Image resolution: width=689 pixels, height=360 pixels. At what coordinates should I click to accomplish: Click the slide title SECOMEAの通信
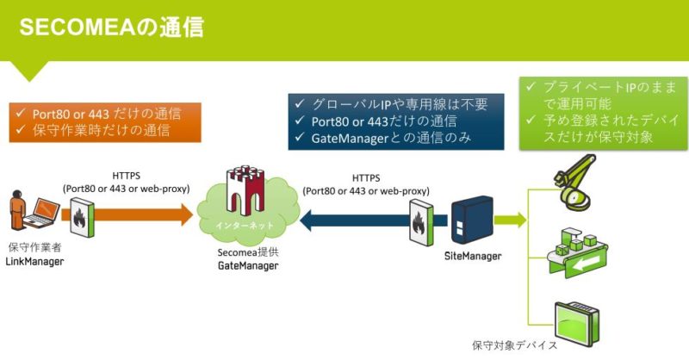pos(112,28)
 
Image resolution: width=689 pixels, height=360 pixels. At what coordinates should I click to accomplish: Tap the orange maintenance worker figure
pos(17,210)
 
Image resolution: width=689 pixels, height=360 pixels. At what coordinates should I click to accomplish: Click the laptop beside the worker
pos(42,213)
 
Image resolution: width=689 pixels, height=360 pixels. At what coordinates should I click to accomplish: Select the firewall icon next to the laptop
pos(82,217)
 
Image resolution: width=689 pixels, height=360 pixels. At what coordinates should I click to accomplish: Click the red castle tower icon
pos(245,189)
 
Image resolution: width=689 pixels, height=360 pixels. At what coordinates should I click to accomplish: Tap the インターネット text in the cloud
pos(245,226)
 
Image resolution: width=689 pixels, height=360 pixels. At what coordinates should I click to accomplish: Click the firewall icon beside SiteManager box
pos(421,222)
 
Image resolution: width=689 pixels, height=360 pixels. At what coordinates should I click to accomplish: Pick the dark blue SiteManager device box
pos(472,220)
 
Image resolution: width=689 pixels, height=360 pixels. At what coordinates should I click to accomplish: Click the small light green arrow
pos(510,220)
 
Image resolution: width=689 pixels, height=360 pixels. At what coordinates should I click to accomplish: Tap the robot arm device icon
pos(574,183)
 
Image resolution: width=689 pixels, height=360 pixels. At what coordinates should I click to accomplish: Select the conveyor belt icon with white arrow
pos(577,253)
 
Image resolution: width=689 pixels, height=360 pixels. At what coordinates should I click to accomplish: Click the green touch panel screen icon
pos(577,324)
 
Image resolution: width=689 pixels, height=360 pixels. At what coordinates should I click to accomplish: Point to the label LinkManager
pos(34,262)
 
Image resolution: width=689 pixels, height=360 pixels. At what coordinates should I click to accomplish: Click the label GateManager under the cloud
pos(248,265)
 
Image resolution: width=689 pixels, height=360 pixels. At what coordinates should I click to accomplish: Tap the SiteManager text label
pos(473,256)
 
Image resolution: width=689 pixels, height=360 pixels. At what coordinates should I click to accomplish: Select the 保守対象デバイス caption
pos(514,345)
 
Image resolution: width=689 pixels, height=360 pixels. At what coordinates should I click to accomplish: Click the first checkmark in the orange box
pos(20,114)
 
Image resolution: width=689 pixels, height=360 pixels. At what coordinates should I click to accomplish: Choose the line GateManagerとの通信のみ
pos(391,138)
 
